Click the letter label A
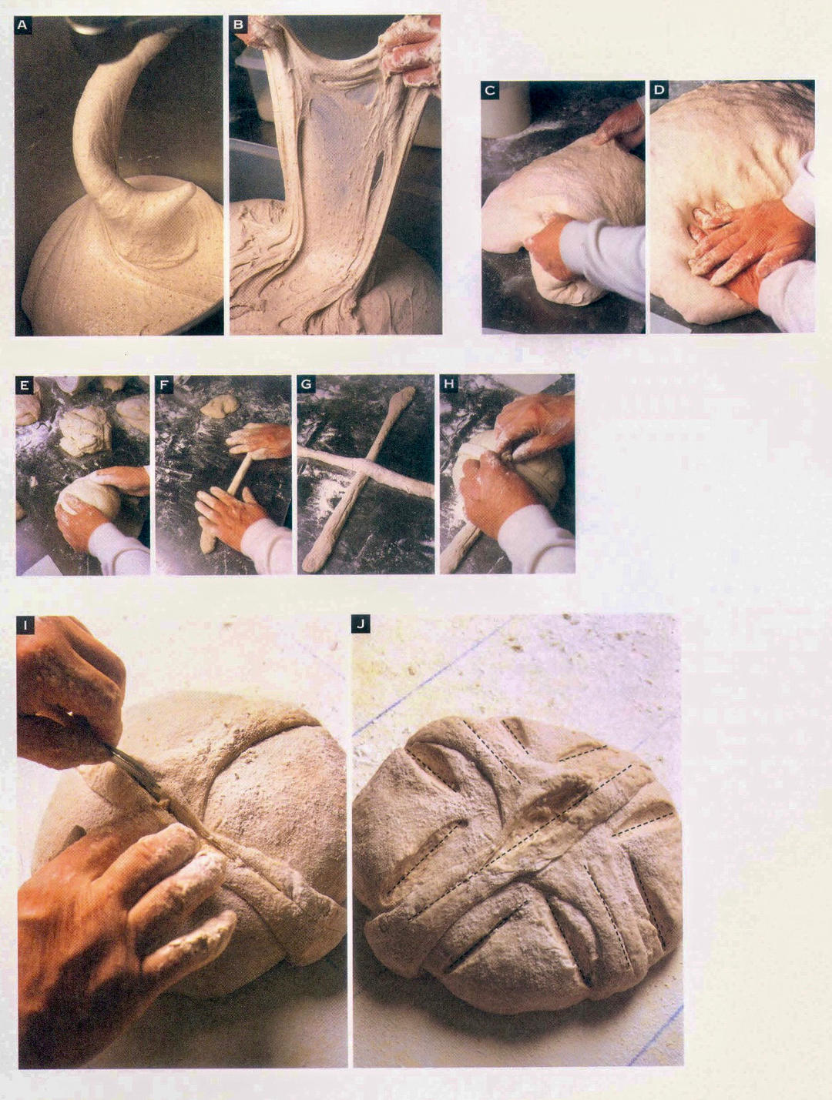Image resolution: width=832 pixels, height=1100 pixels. point(22,25)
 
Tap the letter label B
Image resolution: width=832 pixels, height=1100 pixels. point(238,25)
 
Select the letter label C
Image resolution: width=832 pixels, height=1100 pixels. point(490,91)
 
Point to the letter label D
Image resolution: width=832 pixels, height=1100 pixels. point(659,90)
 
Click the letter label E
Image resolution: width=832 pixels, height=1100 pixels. point(23,385)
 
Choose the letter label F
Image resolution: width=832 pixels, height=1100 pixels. point(163,385)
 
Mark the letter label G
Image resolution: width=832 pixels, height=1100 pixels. point(305,385)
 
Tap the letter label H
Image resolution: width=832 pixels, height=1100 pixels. point(449,385)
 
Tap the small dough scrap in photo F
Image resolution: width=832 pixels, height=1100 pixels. point(219,404)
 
